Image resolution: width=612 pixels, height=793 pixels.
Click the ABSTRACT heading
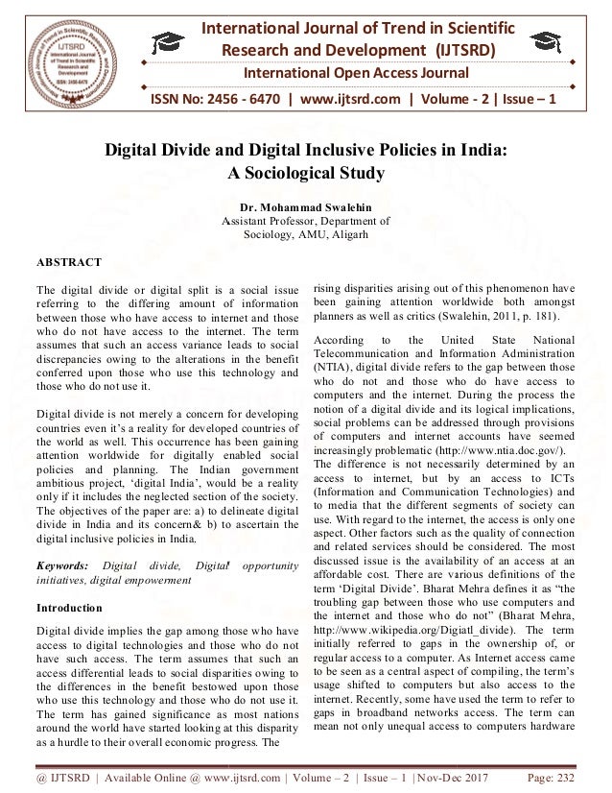click(70, 259)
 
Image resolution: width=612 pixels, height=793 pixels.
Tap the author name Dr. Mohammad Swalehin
click(305, 207)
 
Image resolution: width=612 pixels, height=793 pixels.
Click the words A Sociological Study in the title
click(305, 173)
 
